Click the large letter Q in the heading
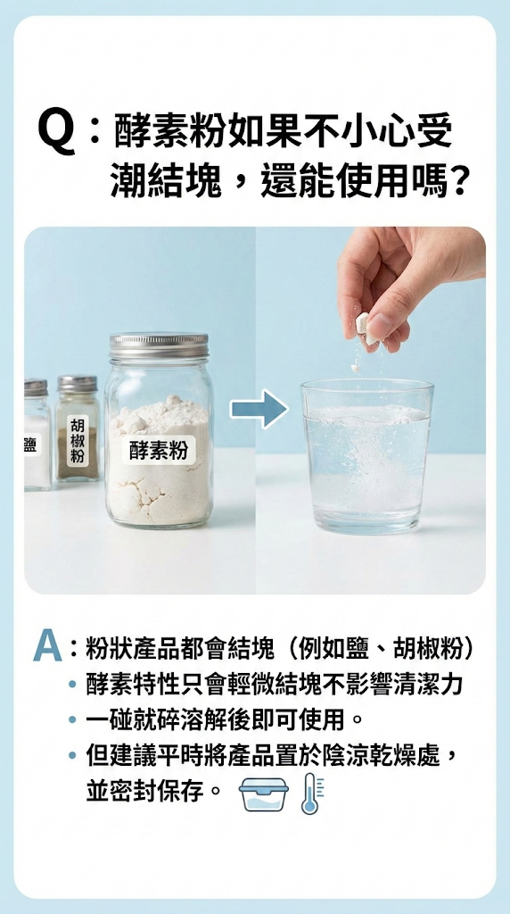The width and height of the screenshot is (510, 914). coord(56,134)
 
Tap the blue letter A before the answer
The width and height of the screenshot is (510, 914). coord(47,646)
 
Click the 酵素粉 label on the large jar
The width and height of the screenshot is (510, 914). coord(159,451)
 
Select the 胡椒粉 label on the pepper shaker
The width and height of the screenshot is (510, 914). coord(78,439)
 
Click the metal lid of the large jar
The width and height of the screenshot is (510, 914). coord(159,345)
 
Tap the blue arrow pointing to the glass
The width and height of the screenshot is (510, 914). coord(259,409)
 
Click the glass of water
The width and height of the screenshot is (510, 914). coord(366,456)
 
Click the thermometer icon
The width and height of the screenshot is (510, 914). coord(310,794)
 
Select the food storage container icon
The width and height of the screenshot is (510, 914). coord(263,794)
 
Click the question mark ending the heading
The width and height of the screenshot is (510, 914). coord(459,181)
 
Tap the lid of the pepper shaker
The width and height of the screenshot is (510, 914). coord(78,383)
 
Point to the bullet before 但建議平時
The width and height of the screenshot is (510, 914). coord(72,756)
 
